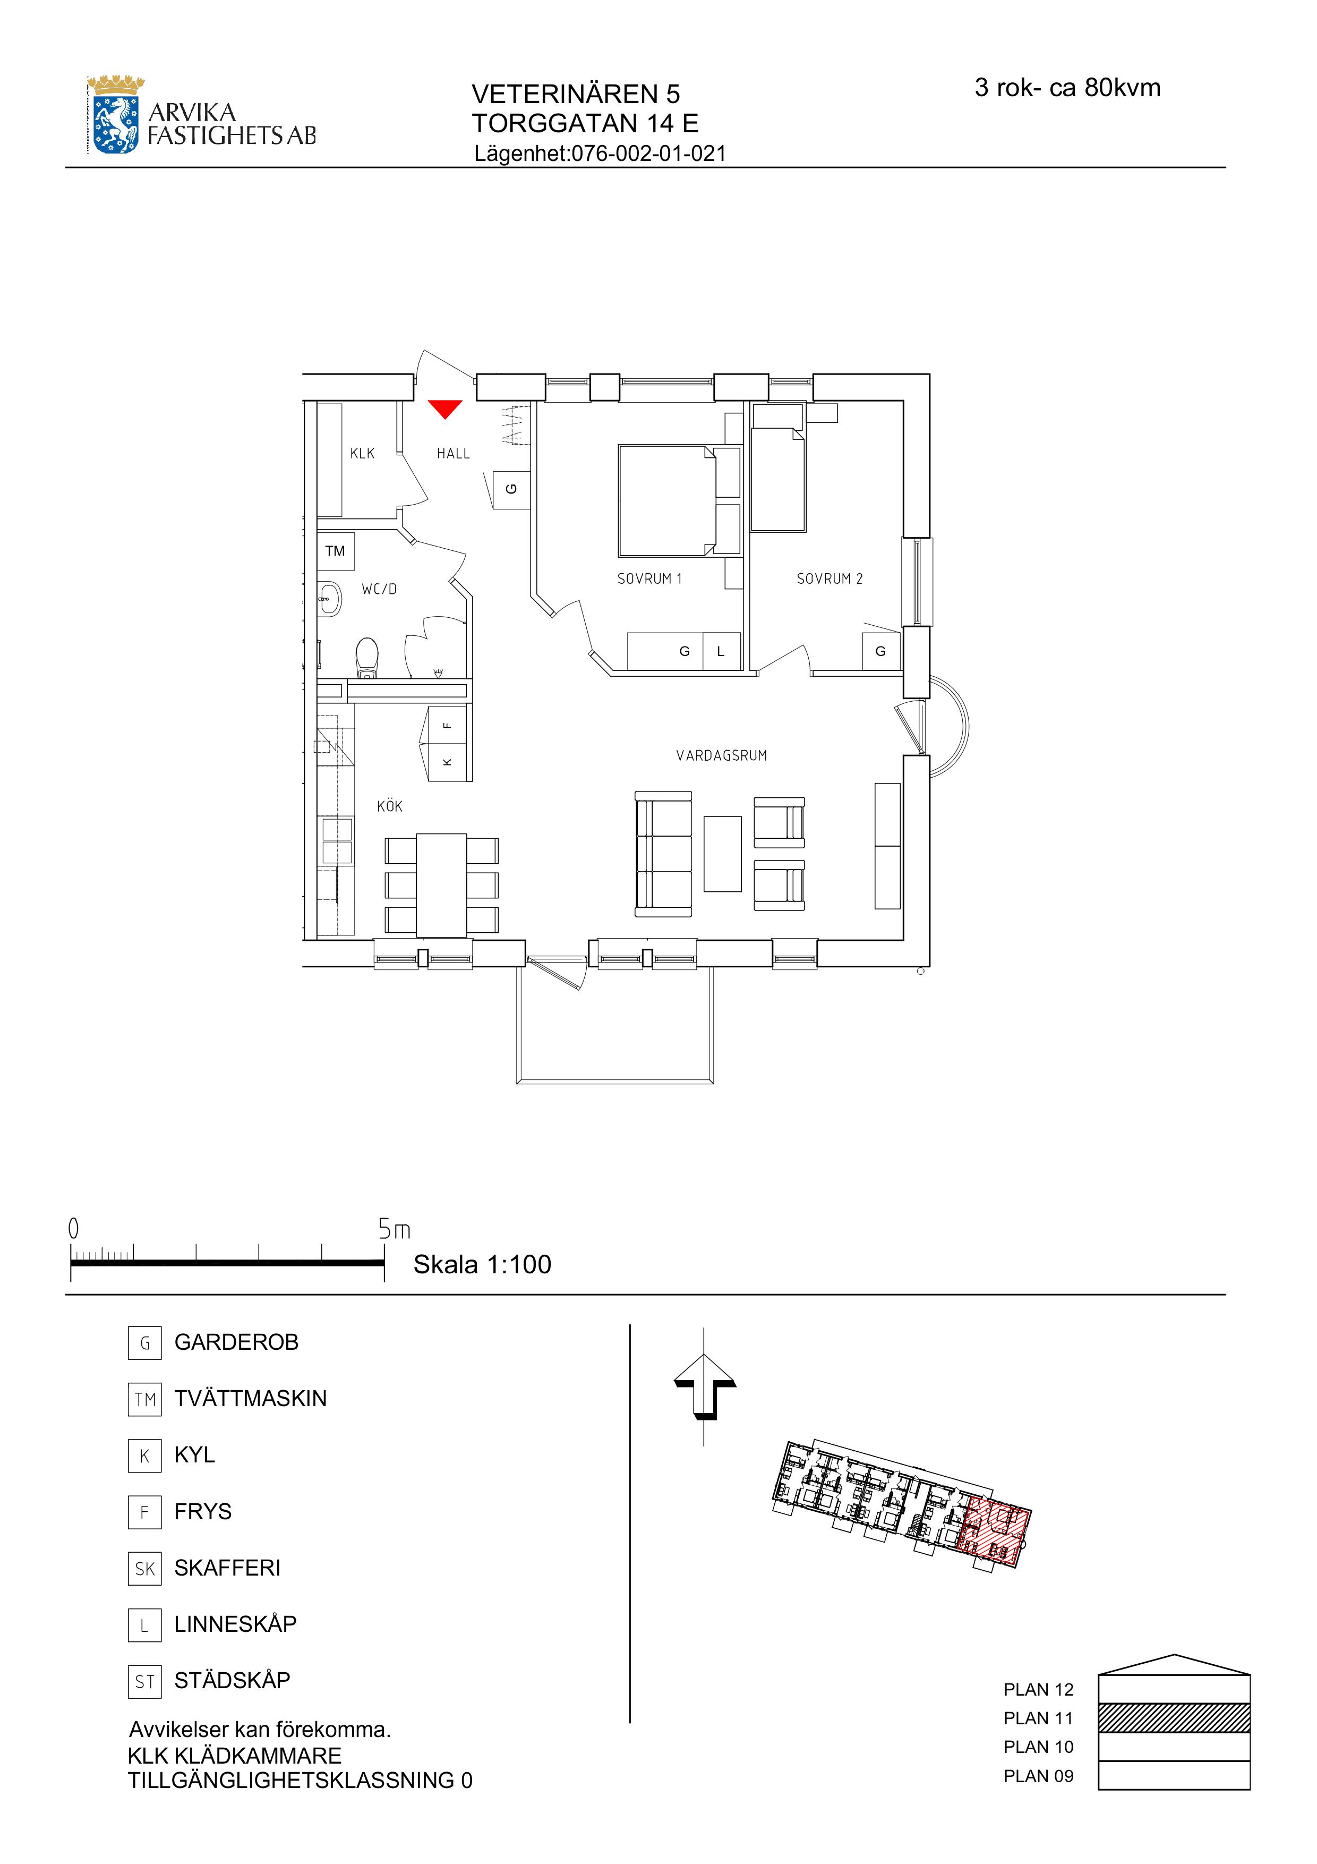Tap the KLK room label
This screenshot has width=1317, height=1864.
pos(363,454)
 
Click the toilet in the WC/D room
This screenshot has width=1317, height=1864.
pos(367,658)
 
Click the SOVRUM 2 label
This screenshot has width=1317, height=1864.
pos(829,579)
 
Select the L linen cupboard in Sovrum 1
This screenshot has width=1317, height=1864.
pos(721,651)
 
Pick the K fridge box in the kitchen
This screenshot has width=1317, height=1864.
pos(447,762)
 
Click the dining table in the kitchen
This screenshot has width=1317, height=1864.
pos(441,886)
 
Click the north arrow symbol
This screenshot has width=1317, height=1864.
pos(704,1397)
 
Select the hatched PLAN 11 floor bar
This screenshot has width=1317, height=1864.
pos(1174,1718)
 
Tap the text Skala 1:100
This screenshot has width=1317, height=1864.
pos(482,1264)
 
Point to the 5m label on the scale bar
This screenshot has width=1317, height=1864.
pos(395,1230)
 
